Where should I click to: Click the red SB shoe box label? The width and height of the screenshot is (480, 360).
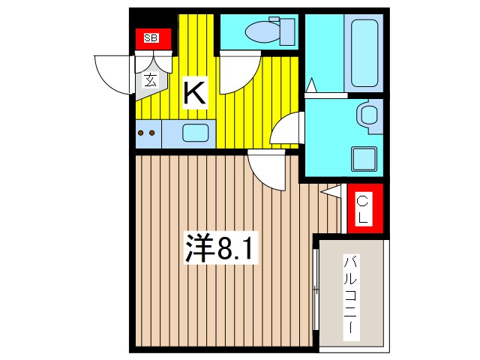click(x=152, y=38)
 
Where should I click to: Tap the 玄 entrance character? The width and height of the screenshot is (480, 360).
click(x=151, y=79)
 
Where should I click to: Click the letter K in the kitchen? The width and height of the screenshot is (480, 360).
click(x=193, y=93)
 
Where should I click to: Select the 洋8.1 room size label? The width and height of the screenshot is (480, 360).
click(x=221, y=250)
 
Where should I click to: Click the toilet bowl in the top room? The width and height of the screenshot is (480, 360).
click(x=258, y=31)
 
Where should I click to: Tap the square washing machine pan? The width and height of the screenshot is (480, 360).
click(x=365, y=159)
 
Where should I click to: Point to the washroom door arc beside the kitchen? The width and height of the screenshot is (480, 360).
click(x=287, y=130)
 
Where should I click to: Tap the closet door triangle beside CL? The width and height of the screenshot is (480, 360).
click(x=332, y=192)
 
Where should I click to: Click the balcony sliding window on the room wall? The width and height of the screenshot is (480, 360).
click(x=316, y=292)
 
